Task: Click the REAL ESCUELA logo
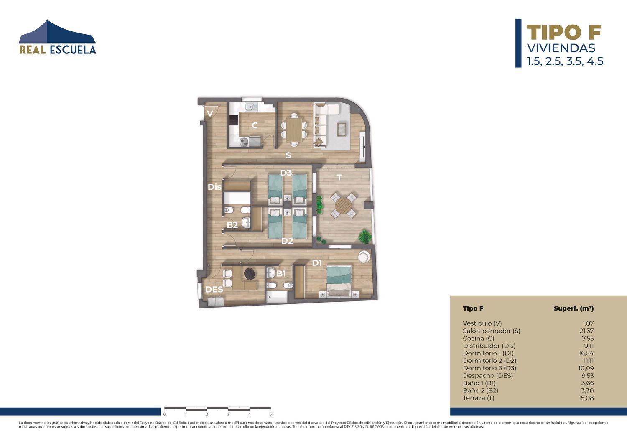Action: (x=57, y=37)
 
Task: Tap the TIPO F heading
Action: (x=564, y=33)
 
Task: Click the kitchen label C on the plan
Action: (x=255, y=125)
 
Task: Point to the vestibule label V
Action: (x=210, y=113)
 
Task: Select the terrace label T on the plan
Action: (x=339, y=178)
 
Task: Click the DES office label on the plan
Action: (x=214, y=289)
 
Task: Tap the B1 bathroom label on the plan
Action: (x=281, y=273)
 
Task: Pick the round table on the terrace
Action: (x=344, y=206)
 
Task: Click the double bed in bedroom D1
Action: (x=339, y=281)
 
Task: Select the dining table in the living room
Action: (x=294, y=130)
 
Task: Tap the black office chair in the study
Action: (x=250, y=274)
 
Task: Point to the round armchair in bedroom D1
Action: (x=364, y=256)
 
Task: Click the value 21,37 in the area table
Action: (x=586, y=331)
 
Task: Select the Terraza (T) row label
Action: (x=479, y=398)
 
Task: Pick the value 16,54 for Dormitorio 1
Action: (x=586, y=353)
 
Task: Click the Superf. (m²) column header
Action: (x=574, y=308)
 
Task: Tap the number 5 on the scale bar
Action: (x=271, y=414)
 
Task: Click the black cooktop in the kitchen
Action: (x=233, y=120)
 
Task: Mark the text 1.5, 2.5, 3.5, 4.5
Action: (x=565, y=61)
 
